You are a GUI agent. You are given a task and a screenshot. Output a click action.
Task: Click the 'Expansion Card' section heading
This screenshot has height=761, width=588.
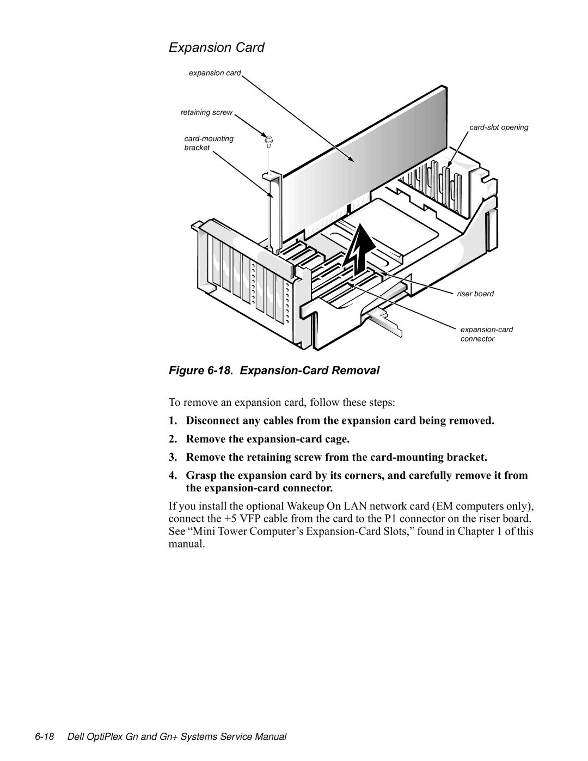[216, 48]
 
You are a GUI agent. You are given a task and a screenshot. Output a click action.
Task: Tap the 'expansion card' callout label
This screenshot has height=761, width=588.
[215, 73]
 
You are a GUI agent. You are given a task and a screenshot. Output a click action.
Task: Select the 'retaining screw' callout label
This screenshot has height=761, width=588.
[206, 113]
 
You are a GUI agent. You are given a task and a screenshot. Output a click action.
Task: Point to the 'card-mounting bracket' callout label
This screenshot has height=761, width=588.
[209, 143]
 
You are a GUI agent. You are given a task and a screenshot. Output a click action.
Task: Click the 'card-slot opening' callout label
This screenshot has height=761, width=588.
[499, 127]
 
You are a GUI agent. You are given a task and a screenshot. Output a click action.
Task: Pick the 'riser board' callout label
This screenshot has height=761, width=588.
[475, 294]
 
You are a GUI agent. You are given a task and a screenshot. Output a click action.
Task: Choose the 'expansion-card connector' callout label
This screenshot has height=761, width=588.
[486, 334]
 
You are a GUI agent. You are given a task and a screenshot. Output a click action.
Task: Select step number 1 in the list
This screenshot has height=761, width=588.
[173, 421]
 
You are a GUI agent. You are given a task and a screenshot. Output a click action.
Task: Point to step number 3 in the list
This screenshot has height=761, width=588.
[173, 457]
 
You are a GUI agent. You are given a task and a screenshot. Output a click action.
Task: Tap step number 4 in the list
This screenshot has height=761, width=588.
[173, 476]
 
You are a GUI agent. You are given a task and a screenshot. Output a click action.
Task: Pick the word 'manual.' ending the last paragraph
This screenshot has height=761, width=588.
[187, 544]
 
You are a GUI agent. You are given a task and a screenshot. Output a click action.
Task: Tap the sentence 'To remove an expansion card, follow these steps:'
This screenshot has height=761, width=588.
[282, 403]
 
